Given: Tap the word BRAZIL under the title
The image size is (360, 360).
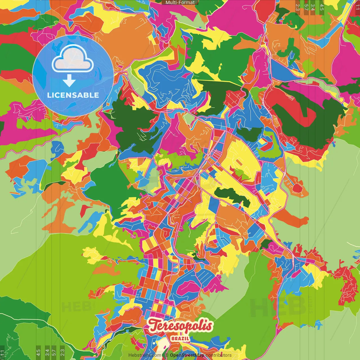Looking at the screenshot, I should tap(180, 339).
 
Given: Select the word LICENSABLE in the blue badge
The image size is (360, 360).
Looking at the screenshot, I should tap(73, 95).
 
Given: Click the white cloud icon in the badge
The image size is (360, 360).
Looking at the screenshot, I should tap(73, 59).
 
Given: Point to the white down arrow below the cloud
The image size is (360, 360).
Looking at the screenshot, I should tap(69, 81).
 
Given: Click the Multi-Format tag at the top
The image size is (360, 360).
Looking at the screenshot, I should tap(180, 3).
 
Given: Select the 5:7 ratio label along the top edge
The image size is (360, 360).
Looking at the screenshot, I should tap(306, 7).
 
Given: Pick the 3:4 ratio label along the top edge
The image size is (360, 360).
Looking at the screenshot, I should tap(313, 7).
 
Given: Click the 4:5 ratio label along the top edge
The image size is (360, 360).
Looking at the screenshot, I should tap(322, 7).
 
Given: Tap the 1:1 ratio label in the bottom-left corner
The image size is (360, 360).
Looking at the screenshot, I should tap(3, 353).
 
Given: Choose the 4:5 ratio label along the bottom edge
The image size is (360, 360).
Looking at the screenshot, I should tap(38, 352).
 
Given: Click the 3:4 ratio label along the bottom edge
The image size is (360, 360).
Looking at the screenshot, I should tap(47, 352).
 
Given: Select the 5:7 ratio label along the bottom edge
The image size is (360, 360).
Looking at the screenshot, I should tap(54, 352).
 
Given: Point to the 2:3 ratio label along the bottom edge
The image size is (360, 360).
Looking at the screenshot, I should tap(62, 352).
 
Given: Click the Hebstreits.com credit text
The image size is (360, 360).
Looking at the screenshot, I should tap(145, 355).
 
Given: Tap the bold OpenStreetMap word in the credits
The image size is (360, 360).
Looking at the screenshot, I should tap(187, 355).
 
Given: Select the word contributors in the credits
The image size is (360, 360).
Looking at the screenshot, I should tap(219, 355).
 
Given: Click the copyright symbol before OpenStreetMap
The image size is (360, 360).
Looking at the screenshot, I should tap(167, 355).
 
